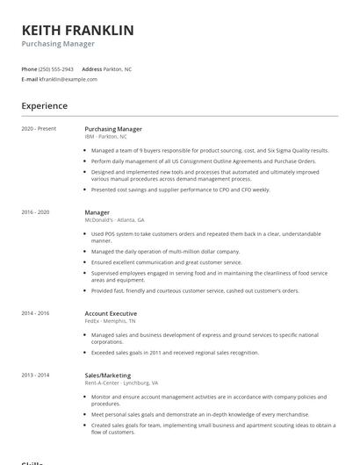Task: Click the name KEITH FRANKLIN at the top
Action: (77, 30)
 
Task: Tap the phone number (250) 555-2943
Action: (54, 68)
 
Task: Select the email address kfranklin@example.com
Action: (68, 79)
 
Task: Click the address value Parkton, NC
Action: (119, 68)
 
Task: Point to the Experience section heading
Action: (44, 106)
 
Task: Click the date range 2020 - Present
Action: (39, 129)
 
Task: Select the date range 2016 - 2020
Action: (35, 212)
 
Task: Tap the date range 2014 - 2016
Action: (35, 313)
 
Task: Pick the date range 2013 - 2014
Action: (35, 376)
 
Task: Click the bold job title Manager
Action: (97, 212)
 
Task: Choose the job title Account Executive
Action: (111, 313)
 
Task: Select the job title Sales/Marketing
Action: (108, 376)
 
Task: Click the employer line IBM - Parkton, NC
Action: (105, 137)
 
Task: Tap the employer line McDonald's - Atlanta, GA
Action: (114, 220)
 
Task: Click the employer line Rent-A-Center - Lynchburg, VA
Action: (121, 383)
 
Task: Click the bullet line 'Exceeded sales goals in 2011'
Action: (175, 352)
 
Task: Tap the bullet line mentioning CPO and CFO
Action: (180, 189)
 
